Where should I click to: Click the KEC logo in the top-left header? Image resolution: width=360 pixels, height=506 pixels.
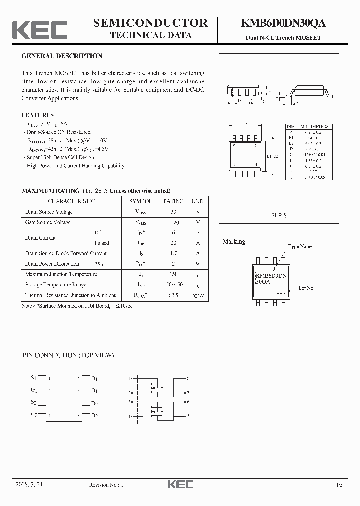[39, 29]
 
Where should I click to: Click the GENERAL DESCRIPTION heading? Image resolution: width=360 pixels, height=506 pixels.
[62, 56]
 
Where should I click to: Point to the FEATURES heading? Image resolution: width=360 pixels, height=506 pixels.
[38, 115]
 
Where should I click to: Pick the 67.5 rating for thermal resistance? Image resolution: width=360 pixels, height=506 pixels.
[174, 295]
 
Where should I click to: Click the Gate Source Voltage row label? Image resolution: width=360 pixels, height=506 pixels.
[48, 222]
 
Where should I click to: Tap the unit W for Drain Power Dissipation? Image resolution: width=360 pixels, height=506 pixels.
[198, 264]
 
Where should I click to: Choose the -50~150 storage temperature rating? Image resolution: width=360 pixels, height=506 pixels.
[174, 285]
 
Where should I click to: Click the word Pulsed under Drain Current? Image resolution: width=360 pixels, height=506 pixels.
[102, 243]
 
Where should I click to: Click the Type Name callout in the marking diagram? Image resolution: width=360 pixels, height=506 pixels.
[300, 247]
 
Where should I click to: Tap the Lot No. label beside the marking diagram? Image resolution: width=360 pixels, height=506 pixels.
[306, 288]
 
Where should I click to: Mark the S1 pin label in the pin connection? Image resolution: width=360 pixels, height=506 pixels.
[33, 378]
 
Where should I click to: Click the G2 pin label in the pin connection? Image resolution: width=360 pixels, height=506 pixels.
[33, 415]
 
